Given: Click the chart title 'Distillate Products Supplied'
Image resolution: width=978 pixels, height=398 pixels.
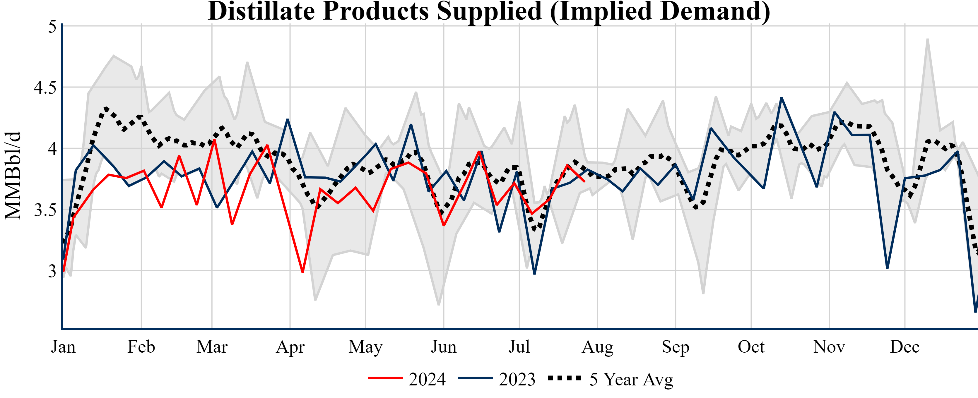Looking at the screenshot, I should click(x=489, y=11).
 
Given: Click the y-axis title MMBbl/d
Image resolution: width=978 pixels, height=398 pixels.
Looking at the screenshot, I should click(x=13, y=175).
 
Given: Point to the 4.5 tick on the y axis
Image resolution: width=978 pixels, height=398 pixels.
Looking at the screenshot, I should click(x=45, y=88).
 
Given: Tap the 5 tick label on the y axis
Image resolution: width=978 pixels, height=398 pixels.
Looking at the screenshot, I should click(x=52, y=27).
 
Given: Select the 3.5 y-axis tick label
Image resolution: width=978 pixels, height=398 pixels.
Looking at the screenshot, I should click(x=45, y=210).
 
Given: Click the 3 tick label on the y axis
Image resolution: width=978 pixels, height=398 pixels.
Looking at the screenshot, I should click(x=52, y=271).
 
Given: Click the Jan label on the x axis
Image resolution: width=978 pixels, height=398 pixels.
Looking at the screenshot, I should click(x=63, y=347).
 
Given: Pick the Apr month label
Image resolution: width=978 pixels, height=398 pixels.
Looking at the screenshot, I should click(x=290, y=347).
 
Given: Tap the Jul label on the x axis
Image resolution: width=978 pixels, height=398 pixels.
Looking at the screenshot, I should click(x=519, y=347).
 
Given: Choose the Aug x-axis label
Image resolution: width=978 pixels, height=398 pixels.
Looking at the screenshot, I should click(x=597, y=347).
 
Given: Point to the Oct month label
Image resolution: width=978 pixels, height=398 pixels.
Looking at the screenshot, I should click(x=751, y=347).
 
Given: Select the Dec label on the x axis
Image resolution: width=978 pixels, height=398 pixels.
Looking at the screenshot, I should click(x=905, y=347).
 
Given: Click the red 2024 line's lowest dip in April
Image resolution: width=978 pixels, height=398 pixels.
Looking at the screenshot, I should click(x=302, y=272).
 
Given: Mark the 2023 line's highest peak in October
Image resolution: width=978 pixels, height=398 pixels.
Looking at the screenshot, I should click(x=781, y=98).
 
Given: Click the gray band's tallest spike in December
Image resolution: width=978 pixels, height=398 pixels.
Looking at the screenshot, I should click(x=928, y=40).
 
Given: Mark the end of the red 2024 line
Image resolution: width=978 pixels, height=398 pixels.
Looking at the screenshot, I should click(x=584, y=182).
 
